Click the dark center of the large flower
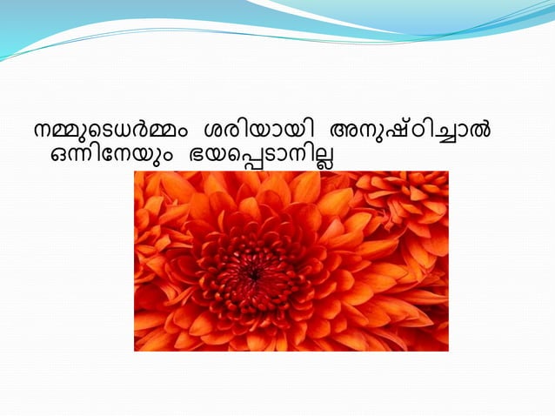253,273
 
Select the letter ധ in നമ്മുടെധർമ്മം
122,134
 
